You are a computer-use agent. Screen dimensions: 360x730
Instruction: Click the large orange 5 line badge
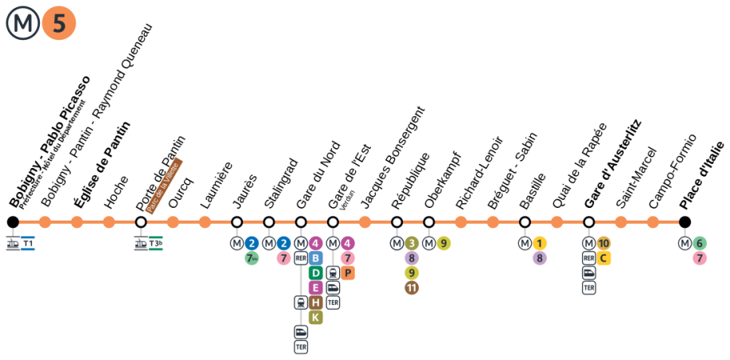pyautogui.click(x=59, y=23)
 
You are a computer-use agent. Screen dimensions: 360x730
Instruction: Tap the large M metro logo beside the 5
pyautogui.click(x=23, y=23)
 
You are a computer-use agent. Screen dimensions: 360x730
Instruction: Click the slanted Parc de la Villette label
pyautogui.click(x=164, y=186)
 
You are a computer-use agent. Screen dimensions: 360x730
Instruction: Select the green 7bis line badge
pyautogui.click(x=252, y=258)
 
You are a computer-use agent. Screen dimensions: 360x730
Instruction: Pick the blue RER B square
pyautogui.click(x=315, y=258)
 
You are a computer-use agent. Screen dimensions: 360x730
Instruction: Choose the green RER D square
pyautogui.click(x=315, y=273)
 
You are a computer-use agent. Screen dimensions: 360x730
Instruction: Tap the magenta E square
pyautogui.click(x=315, y=288)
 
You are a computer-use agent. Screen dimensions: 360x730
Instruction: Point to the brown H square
pyautogui.click(x=315, y=303)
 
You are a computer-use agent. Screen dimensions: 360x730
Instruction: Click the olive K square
pyautogui.click(x=315, y=317)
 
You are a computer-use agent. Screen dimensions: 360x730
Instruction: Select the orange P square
pyautogui.click(x=347, y=273)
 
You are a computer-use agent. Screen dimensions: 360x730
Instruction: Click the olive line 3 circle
pyautogui.click(x=412, y=244)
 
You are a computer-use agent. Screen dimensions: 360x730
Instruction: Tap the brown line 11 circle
pyautogui.click(x=412, y=288)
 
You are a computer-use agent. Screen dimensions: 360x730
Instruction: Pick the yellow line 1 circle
pyautogui.click(x=540, y=244)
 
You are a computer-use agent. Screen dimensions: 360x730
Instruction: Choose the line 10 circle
pyautogui.click(x=603, y=244)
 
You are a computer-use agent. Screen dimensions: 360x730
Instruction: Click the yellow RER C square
pyautogui.click(x=603, y=258)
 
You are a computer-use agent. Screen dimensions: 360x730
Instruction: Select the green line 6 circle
pyautogui.click(x=699, y=244)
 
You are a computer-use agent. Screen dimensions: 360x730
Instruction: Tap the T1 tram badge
pyautogui.click(x=28, y=244)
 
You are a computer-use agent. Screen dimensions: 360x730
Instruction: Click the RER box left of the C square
pyautogui.click(x=589, y=258)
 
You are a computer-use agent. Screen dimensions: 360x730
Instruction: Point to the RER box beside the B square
pyautogui.click(x=301, y=258)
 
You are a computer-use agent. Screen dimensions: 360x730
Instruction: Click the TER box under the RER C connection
pyautogui.click(x=589, y=288)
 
